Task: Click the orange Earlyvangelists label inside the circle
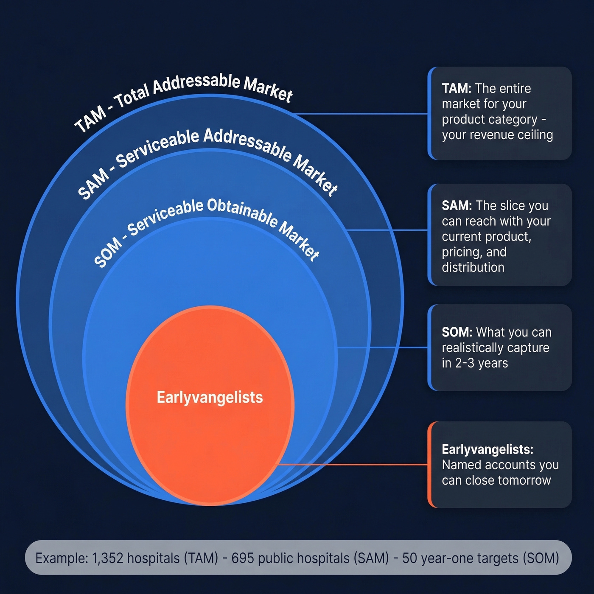pos(210,398)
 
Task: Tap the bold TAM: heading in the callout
pos(456,88)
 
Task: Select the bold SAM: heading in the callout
pos(457,205)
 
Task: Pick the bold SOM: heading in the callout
pos(457,332)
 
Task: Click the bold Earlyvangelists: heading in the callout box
pos(487,449)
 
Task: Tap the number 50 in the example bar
pos(409,558)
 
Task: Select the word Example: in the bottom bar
pos(62,558)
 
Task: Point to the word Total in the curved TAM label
pos(132,94)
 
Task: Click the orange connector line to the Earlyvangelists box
pos(352,465)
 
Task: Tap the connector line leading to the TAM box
pos(361,114)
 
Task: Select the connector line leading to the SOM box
pos(382,347)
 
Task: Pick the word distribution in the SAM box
pos(473,267)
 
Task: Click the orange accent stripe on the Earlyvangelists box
pos(430,465)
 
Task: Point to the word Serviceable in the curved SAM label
pos(157,148)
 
